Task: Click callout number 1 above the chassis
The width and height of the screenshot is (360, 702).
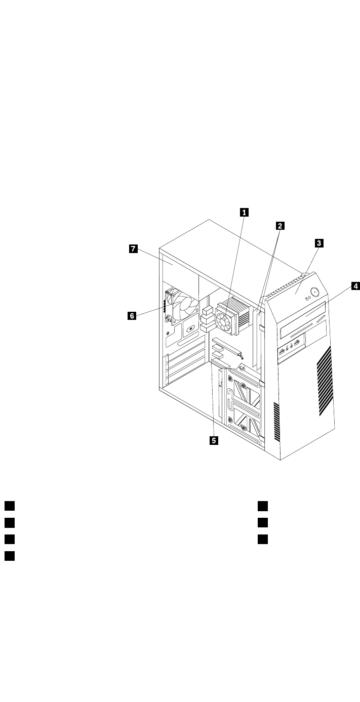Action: pos(245,213)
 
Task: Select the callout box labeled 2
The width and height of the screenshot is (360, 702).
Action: pos(279,226)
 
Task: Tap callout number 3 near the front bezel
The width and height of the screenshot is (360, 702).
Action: pos(319,243)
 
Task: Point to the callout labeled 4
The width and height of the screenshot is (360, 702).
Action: pos(355,286)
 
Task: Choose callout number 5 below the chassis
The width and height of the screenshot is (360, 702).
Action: pos(214,440)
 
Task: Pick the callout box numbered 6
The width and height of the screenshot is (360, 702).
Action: pos(132,316)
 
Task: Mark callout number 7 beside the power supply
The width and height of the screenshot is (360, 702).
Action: pos(133,249)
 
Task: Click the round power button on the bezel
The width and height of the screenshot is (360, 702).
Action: pos(316,292)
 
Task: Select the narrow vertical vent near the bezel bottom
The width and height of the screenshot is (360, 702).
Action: pos(276,421)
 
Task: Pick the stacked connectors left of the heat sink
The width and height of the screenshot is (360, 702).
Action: pos(207,319)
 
